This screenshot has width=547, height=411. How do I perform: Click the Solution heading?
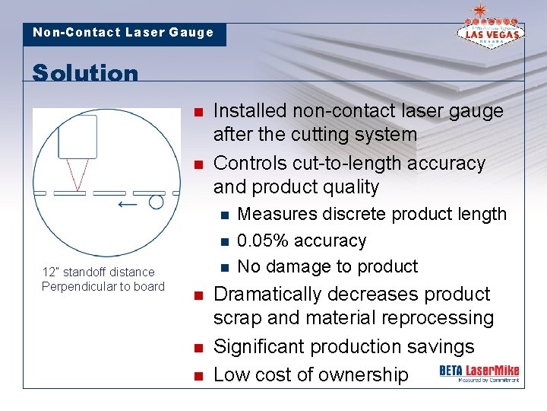85,73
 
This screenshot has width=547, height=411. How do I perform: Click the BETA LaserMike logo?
479,372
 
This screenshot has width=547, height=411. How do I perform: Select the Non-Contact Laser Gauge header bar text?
123,33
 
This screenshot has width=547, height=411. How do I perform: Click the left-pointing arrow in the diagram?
128,203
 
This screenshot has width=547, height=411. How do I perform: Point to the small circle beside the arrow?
156,202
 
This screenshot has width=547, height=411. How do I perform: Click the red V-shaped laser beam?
76,174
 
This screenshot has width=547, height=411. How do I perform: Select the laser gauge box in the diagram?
77,136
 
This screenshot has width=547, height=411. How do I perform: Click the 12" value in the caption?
49,272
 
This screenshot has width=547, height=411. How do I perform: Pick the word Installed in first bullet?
244,111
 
